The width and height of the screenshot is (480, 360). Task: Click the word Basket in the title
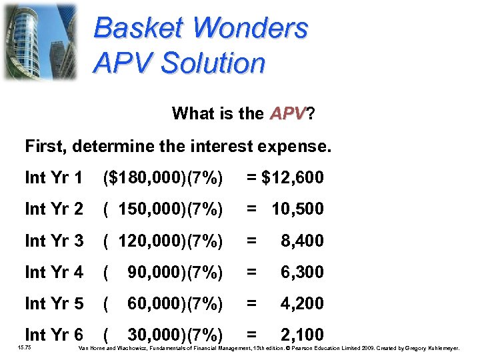coord(138,29)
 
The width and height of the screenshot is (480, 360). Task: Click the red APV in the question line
coord(287,113)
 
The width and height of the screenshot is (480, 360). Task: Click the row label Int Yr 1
coord(53,178)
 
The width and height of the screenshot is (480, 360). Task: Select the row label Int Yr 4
coord(53,272)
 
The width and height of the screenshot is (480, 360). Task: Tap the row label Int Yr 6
coord(53,335)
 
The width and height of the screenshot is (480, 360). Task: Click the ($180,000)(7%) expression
coord(163,178)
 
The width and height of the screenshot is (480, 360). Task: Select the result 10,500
coord(297,209)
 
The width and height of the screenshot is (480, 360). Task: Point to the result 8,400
coord(302,241)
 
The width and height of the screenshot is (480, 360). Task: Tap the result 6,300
coord(302,272)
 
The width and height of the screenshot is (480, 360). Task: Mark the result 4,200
coord(302,303)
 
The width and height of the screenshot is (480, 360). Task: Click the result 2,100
coord(302,335)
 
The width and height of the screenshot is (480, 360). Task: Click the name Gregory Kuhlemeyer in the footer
coord(440,348)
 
